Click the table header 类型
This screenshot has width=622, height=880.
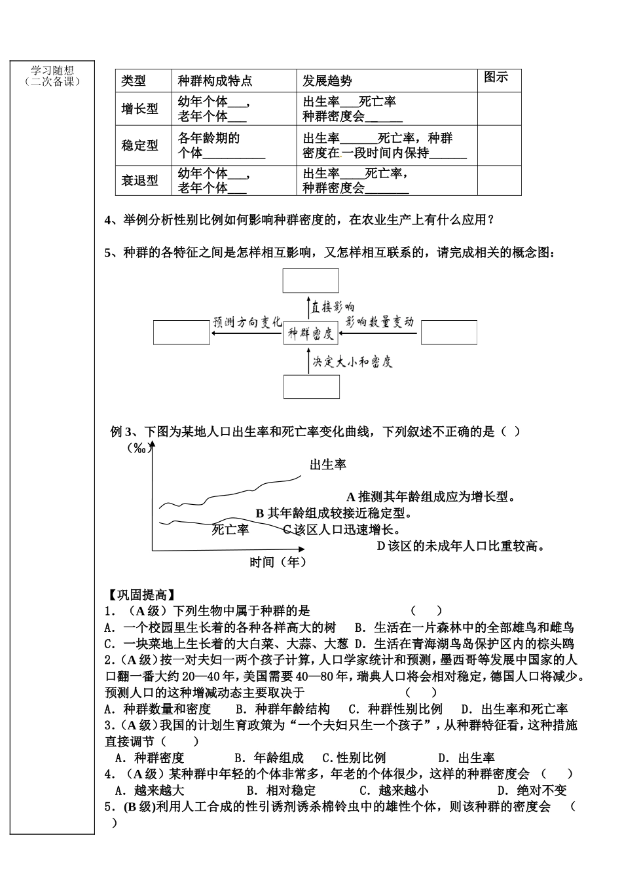[134, 81]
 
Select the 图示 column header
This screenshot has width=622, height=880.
[496, 77]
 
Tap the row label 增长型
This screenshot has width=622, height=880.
[139, 109]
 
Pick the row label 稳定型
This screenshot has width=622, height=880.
[139, 145]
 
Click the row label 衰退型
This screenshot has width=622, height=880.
[139, 180]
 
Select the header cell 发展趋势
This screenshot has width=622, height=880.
[327, 81]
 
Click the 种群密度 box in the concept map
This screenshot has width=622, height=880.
[311, 333]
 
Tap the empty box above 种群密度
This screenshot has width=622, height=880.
[311, 280]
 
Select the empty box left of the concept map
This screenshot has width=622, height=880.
[181, 332]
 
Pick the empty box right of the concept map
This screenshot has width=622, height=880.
[448, 332]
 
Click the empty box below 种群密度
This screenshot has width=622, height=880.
[311, 386]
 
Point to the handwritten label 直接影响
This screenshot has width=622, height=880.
[333, 307]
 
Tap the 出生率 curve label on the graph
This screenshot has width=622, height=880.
[328, 465]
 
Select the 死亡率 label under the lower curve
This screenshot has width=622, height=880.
[230, 530]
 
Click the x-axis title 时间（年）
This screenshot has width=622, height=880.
[278, 562]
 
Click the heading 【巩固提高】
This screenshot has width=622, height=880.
[141, 595]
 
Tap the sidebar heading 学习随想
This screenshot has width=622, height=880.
[52, 71]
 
